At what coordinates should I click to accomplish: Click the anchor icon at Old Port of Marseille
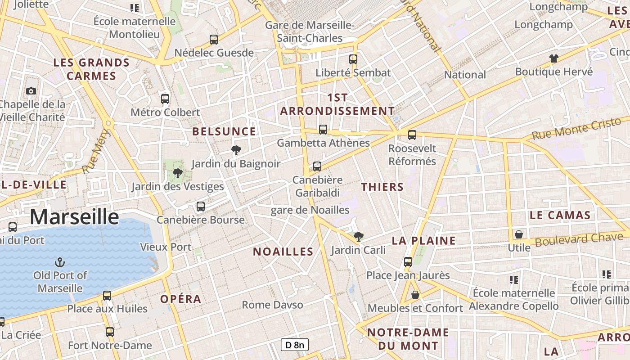(x=59, y=262)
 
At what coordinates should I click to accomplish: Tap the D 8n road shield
(x=295, y=345)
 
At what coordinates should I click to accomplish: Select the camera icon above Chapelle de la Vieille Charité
(x=31, y=91)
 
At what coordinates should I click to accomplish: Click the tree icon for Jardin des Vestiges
(x=178, y=173)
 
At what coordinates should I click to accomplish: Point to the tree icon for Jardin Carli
(x=358, y=236)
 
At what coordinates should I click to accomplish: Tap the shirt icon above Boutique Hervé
(x=553, y=58)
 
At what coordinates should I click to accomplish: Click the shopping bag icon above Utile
(x=519, y=234)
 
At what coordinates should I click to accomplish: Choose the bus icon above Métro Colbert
(x=165, y=99)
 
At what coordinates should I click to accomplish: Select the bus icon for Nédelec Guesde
(x=214, y=39)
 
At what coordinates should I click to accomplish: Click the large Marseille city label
(x=74, y=217)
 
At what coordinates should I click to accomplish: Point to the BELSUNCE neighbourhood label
(x=224, y=131)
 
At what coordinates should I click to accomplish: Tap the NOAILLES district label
(x=283, y=252)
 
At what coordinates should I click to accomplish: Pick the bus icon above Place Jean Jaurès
(x=408, y=261)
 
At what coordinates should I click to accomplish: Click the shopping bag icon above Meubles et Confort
(x=415, y=295)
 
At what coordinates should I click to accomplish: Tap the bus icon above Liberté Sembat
(x=353, y=59)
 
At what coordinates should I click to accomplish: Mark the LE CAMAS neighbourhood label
(x=560, y=215)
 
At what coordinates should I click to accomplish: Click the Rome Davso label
(x=273, y=305)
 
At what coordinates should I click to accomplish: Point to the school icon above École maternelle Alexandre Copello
(x=514, y=280)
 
